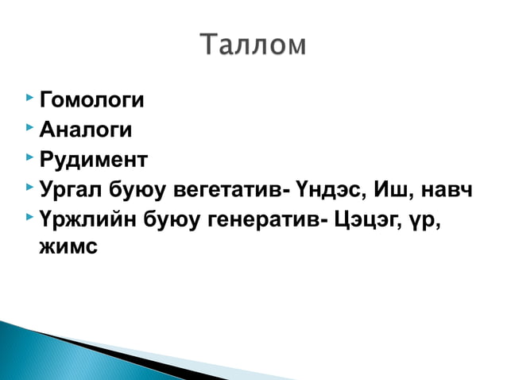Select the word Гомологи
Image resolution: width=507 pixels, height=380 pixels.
(91, 101)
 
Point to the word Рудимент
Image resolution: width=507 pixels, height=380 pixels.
(93, 159)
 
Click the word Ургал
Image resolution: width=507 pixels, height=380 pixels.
(70, 189)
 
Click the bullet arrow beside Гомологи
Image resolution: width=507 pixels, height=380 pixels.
(29, 99)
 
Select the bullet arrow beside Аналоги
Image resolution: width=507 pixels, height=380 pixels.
(29, 127)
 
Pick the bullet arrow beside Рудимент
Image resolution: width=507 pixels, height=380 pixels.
(29, 157)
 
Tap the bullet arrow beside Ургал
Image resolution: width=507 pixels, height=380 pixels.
(29, 187)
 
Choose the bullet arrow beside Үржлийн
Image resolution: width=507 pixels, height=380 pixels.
(29, 216)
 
